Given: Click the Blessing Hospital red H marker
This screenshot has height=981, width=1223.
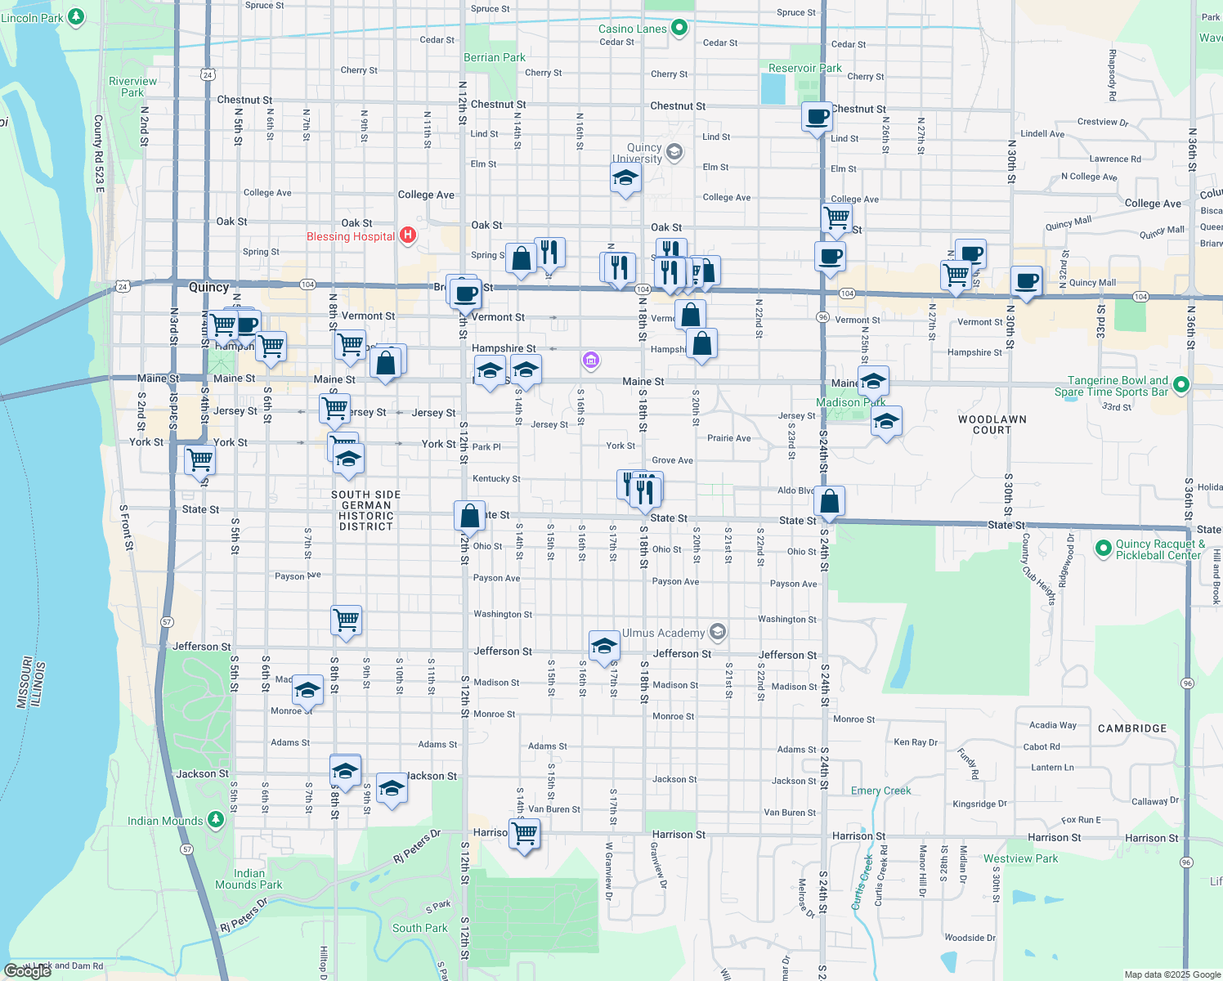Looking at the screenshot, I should coord(407,236).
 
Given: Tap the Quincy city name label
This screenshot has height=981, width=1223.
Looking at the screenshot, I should coord(208,287).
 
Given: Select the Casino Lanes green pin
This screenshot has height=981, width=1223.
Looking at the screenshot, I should coord(679,28).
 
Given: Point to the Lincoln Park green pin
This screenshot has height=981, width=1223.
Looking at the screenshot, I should coord(75,16).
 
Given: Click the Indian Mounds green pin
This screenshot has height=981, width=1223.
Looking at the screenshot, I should coord(215,819).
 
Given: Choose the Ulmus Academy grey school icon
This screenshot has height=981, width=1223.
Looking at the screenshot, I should coord(717,632).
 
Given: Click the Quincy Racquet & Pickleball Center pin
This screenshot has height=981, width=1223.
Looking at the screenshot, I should coord(1103,547).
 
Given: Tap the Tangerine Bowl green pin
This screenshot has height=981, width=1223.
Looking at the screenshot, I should coord(1180,384).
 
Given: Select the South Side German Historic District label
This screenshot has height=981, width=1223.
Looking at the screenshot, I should coord(365,511).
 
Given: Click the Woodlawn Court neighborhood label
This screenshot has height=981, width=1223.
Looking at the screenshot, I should coord(992,424).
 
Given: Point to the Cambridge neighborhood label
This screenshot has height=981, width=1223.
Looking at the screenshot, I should coord(1131,728).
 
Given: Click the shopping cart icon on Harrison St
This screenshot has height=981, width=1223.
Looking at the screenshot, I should coord(525,835).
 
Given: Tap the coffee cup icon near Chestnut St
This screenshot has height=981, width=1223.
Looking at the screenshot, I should coord(817,118).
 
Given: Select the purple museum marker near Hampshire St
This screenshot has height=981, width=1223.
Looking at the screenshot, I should coord(590,360).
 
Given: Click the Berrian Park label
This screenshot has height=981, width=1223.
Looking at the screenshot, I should coord(495,57).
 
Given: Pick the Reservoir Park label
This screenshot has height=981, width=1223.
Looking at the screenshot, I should coord(804,68).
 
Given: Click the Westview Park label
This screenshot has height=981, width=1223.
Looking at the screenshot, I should coord(1020,858).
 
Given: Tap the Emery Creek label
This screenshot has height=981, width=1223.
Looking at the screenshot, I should coord(880,791).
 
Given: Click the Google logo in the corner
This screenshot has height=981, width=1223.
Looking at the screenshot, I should coord(27,971).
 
